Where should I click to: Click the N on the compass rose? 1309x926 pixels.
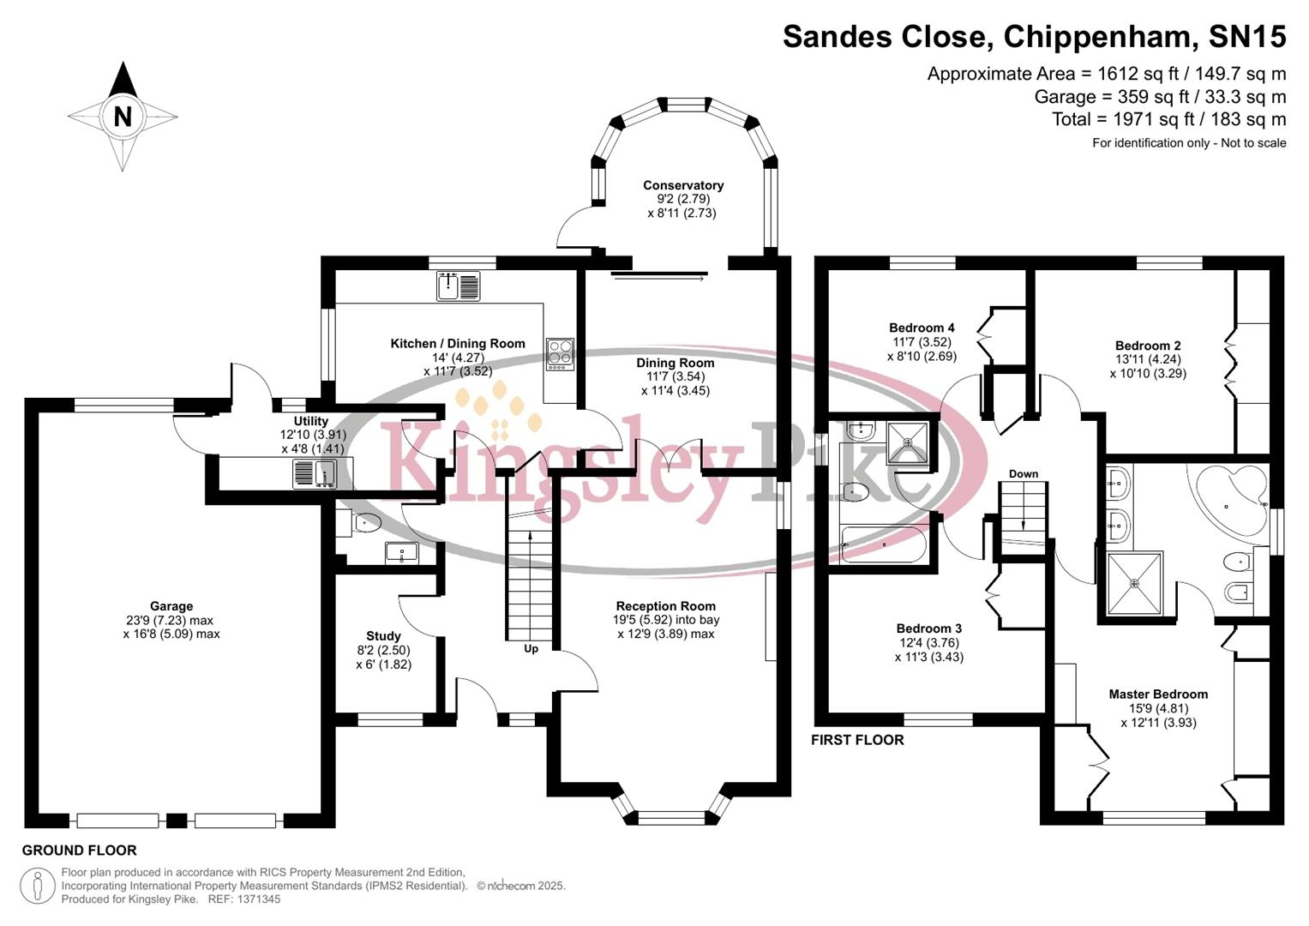pyautogui.click(x=123, y=116)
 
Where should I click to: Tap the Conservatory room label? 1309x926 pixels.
pyautogui.click(x=683, y=185)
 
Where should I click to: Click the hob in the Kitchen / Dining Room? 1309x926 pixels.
pyautogui.click(x=560, y=353)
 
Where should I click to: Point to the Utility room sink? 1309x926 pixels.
pyautogui.click(x=314, y=473)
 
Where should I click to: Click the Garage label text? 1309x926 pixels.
pyautogui.click(x=171, y=606)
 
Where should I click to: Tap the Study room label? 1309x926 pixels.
pyautogui.click(x=383, y=636)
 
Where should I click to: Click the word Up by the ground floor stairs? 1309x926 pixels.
pyautogui.click(x=531, y=649)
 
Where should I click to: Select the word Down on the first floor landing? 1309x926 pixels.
pyautogui.click(x=1024, y=474)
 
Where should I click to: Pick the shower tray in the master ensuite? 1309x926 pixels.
pyautogui.click(x=1135, y=583)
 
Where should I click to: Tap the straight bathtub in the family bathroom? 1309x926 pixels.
pyautogui.click(x=884, y=544)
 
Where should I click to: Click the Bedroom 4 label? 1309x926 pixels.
pyautogui.click(x=922, y=328)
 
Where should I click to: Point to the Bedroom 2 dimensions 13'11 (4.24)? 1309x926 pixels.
pyautogui.click(x=1148, y=360)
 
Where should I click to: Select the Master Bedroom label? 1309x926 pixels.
pyautogui.click(x=1158, y=694)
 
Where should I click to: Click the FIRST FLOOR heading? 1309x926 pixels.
pyautogui.click(x=857, y=740)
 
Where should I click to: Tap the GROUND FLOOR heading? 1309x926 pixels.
pyautogui.click(x=79, y=851)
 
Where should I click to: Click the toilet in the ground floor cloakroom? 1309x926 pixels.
pyautogui.click(x=366, y=522)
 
